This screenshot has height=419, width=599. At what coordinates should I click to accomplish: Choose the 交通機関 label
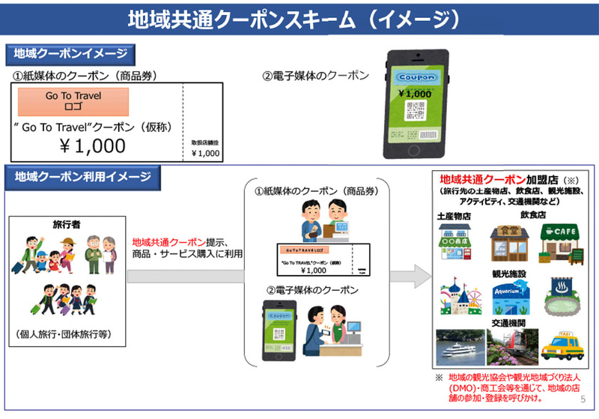tap(509, 323)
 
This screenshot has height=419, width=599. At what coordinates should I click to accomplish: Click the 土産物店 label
tap(455, 215)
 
